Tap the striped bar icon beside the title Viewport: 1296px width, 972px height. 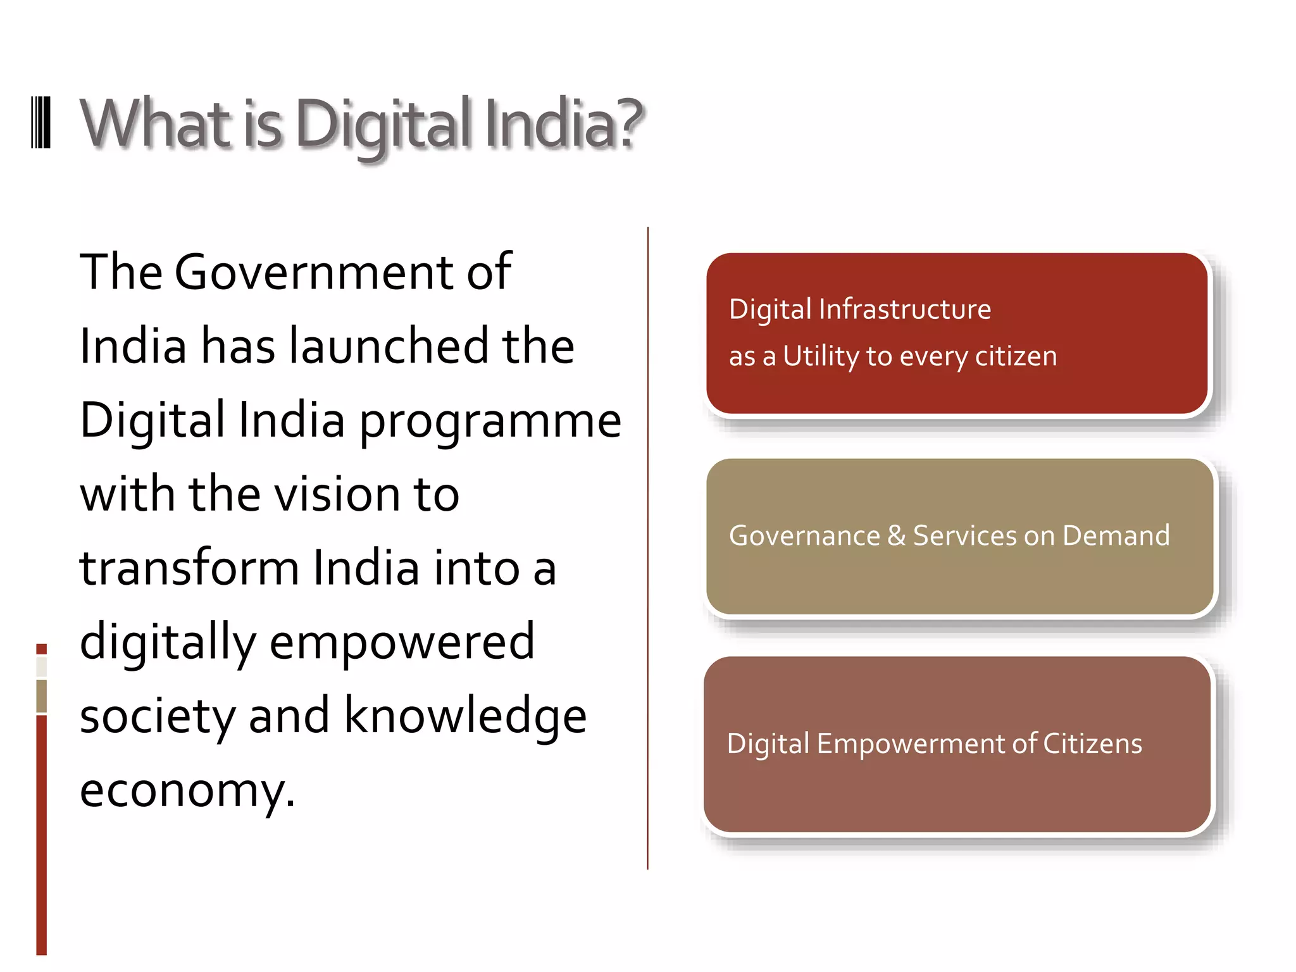tap(41, 123)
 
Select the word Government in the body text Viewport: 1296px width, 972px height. tap(313, 272)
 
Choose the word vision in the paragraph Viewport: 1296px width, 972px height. tap(337, 494)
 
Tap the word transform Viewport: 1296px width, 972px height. tap(189, 568)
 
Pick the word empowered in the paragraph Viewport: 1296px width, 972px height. tap(402, 642)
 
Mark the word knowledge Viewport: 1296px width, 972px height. tap(465, 717)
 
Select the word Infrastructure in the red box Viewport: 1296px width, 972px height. tap(905, 309)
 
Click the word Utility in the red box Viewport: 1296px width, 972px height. tap(821, 357)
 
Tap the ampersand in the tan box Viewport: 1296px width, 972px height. tap(896, 536)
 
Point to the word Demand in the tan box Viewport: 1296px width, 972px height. tap(1116, 536)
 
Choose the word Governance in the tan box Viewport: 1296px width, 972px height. tap(804, 536)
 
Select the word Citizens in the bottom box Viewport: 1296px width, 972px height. tap(1092, 744)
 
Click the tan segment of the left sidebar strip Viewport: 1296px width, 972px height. tap(42, 696)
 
